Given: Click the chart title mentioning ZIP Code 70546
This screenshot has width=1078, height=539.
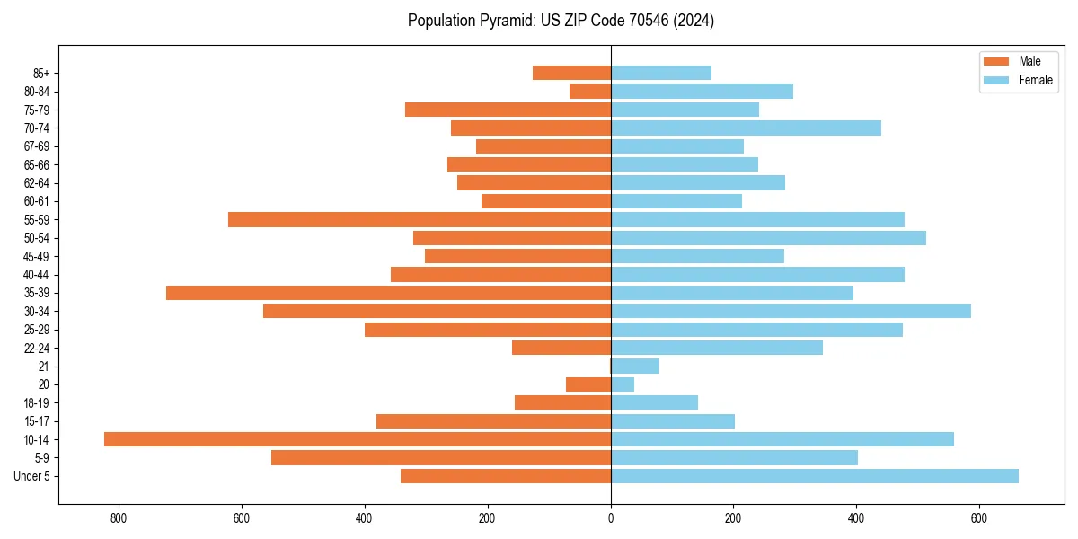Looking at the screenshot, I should click(x=561, y=21).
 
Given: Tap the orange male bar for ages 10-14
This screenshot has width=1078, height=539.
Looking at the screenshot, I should click(x=358, y=439).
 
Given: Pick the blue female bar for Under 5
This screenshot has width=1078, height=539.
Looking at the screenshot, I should click(x=815, y=476).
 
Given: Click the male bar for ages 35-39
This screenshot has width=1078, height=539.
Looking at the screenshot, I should click(x=388, y=293).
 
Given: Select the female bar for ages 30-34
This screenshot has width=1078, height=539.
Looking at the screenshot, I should click(x=791, y=311).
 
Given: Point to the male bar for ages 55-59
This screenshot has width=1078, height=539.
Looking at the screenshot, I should click(x=420, y=219).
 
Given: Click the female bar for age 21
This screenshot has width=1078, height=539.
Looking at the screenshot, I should click(x=635, y=367).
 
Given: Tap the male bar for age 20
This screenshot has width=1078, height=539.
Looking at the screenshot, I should click(x=588, y=384).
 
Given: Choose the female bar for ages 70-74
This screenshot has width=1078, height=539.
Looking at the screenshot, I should click(x=746, y=128).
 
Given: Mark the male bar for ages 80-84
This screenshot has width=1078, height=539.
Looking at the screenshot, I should click(x=590, y=91).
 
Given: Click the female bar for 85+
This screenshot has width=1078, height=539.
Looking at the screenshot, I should click(x=661, y=73).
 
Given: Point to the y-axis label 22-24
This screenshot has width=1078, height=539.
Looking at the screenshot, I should click(x=37, y=348).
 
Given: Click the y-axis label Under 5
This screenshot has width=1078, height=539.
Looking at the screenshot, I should click(x=32, y=476).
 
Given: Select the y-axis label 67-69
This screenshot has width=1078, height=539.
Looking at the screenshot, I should click(x=37, y=146).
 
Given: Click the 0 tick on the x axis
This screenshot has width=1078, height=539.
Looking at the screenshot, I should click(x=611, y=518).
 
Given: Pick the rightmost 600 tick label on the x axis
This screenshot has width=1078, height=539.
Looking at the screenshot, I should click(x=979, y=518).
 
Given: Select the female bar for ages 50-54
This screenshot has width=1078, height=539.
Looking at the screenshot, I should click(x=768, y=238).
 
